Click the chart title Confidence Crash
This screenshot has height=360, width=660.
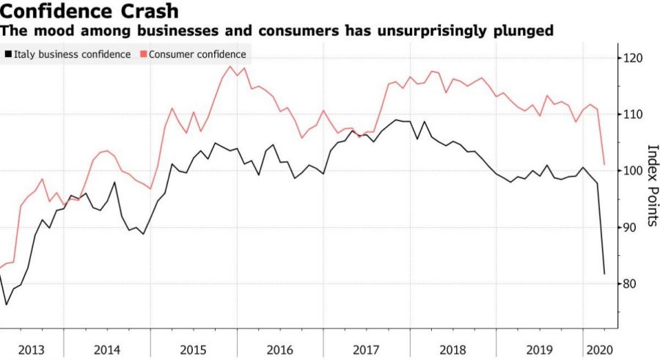[90, 12]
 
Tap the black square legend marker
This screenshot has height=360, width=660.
[7, 54]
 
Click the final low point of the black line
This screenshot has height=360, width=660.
[604, 274]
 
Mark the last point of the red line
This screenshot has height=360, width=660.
[604, 164]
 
